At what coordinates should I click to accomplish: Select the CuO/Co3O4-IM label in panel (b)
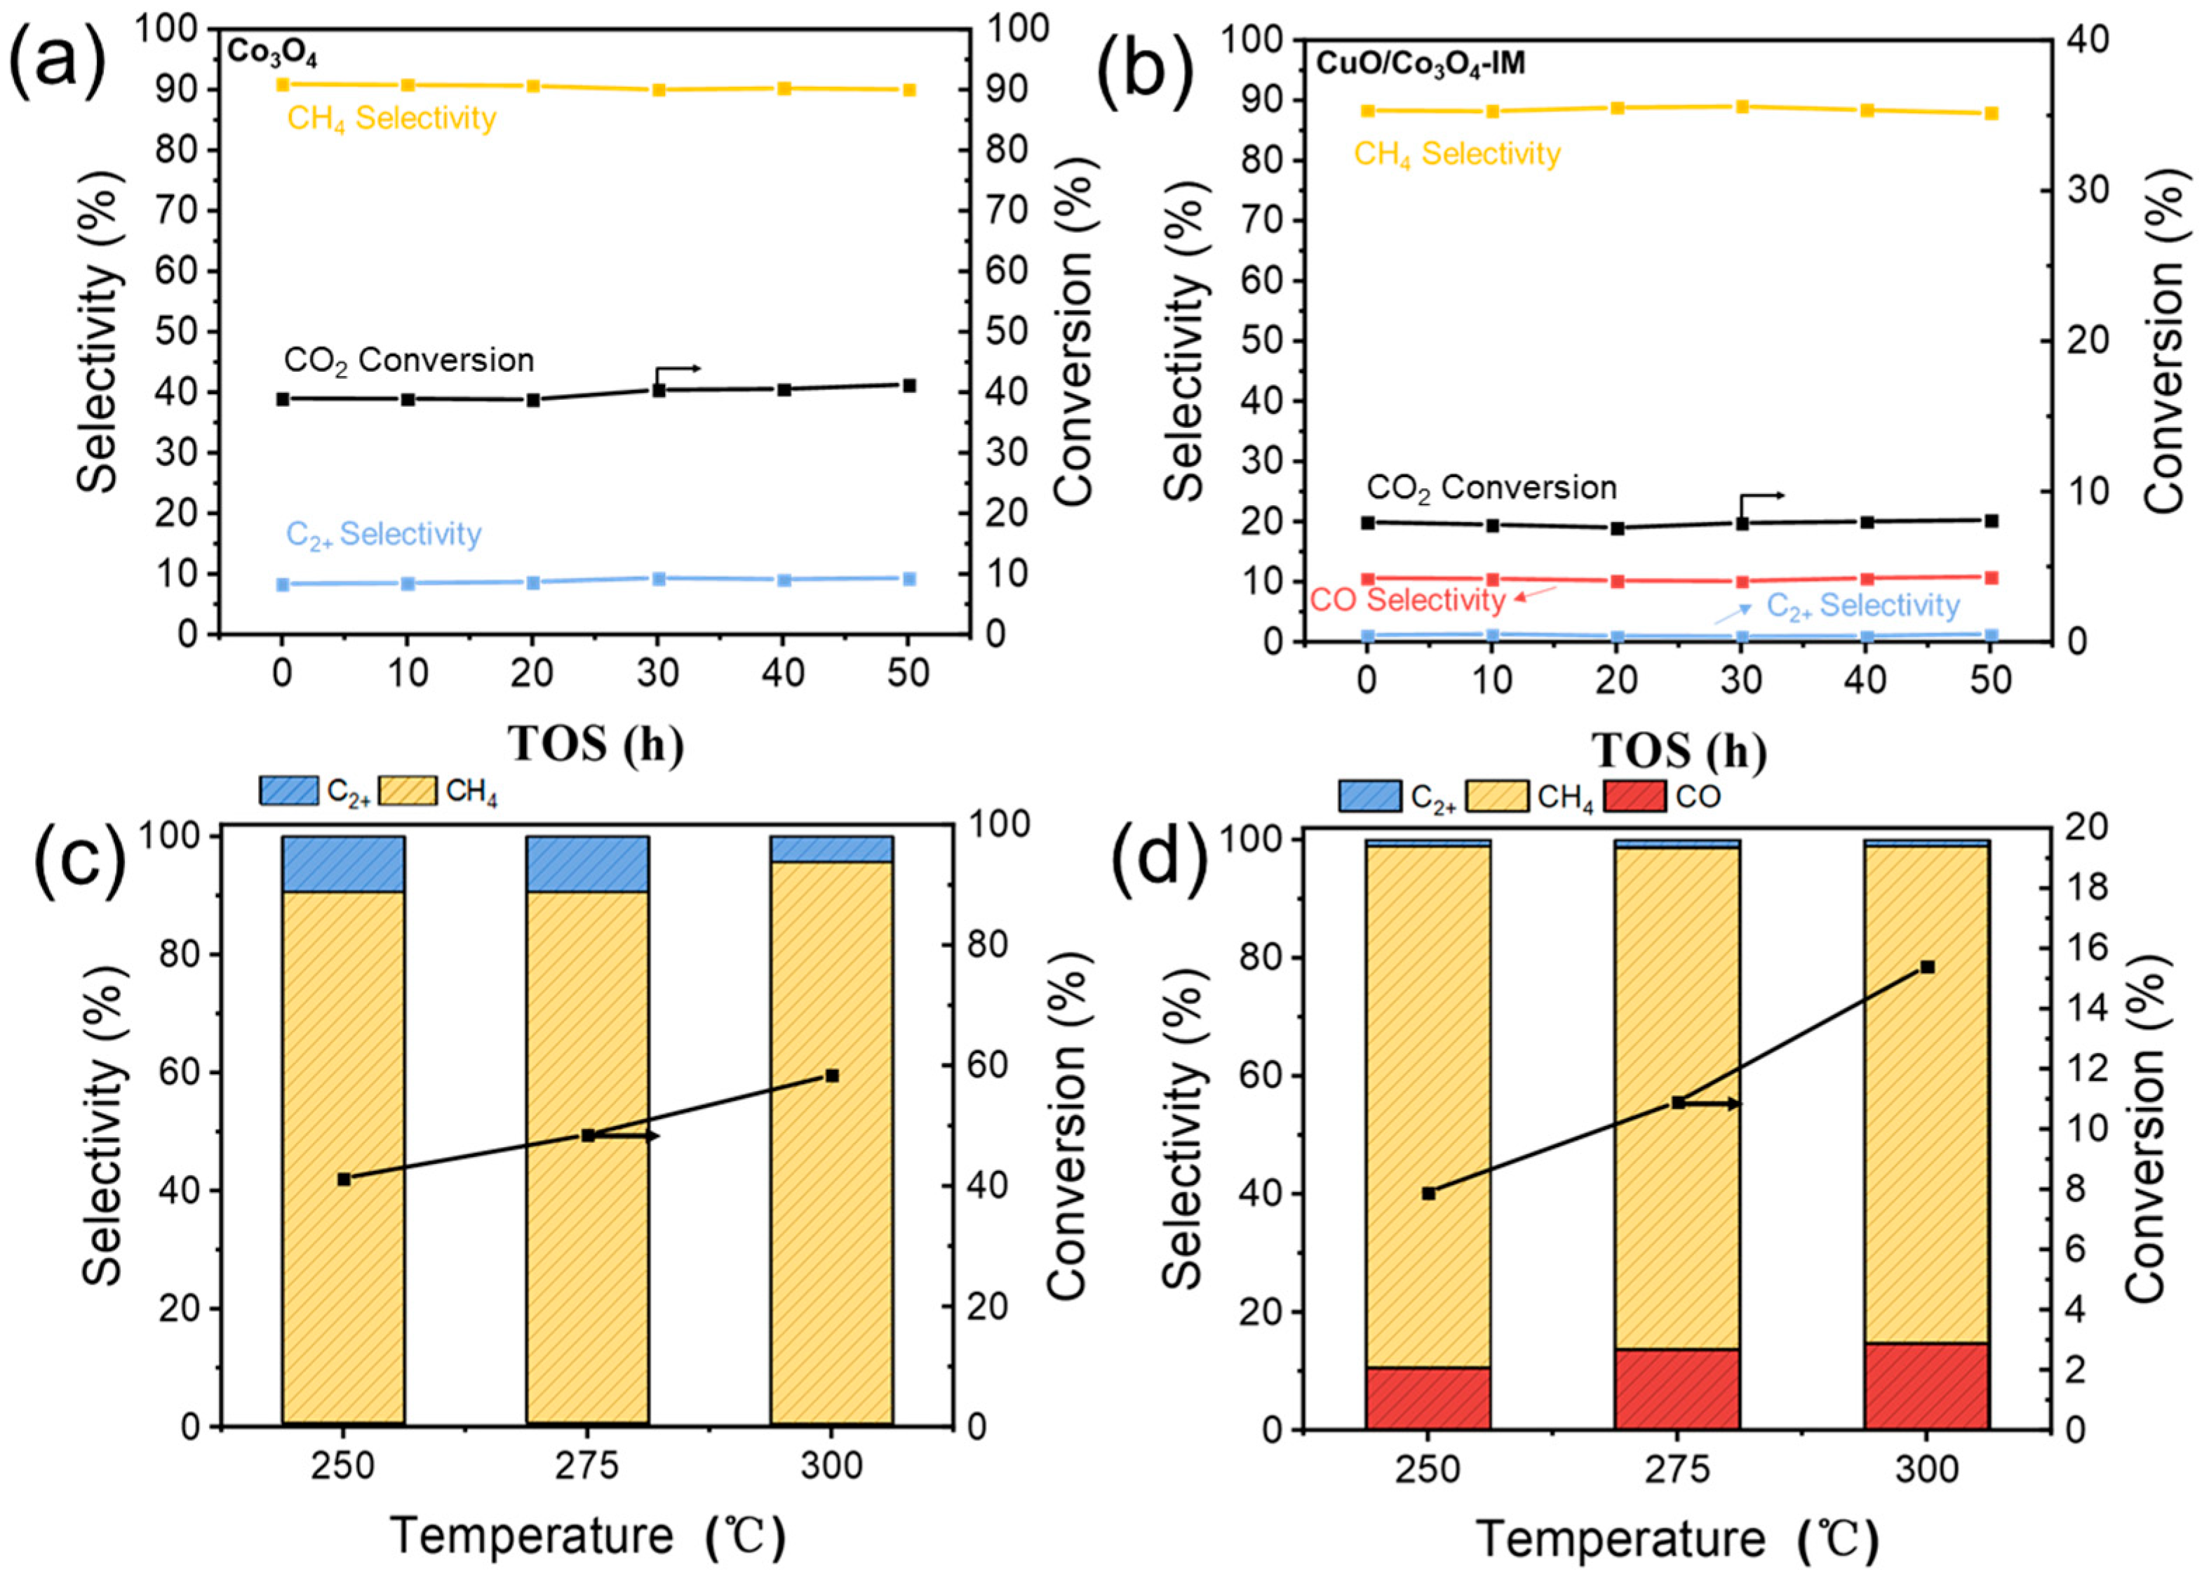tap(1419, 64)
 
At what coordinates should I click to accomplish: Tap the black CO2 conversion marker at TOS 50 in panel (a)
tap(908, 386)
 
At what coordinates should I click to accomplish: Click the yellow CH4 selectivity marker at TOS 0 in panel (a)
tap(283, 86)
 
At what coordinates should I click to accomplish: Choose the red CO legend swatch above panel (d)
tap(1635, 797)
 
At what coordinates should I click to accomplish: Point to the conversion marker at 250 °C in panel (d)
tap(1428, 1193)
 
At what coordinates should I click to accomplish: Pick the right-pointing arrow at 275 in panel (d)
tap(1719, 1104)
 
